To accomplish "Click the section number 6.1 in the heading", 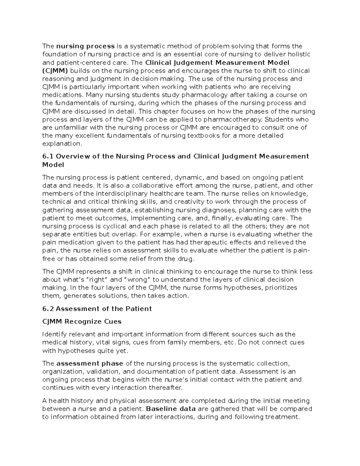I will (x=48, y=156).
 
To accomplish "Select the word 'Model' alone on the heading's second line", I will (x=53, y=165).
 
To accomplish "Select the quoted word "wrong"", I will (x=137, y=280).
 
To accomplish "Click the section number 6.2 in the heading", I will (x=48, y=309).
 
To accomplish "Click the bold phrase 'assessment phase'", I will (x=90, y=364).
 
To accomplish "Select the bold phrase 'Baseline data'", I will (x=170, y=409).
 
